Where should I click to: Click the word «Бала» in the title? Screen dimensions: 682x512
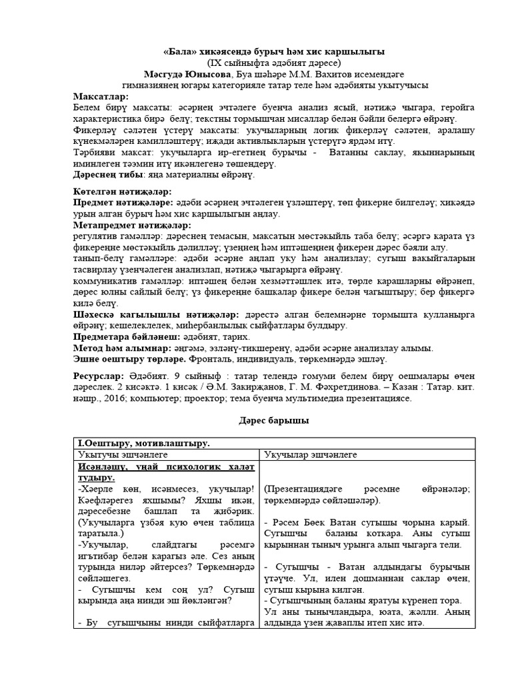[179, 52]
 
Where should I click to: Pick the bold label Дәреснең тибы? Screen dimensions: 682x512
[106, 175]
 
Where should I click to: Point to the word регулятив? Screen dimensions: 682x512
[95, 236]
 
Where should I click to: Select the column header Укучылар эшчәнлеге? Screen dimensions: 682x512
[311, 454]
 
